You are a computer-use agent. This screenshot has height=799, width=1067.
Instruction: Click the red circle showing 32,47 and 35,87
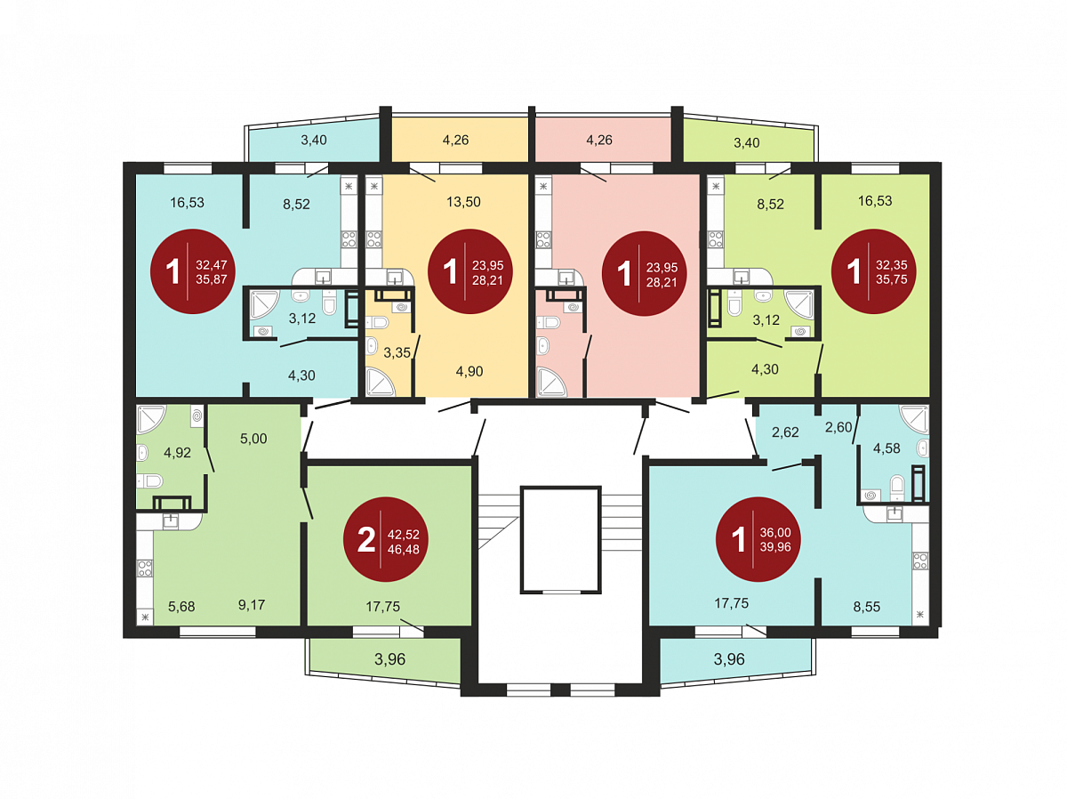[192, 270]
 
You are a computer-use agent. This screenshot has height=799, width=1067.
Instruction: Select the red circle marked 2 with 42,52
[386, 539]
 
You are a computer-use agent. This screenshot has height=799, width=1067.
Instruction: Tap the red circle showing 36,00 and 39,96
[758, 539]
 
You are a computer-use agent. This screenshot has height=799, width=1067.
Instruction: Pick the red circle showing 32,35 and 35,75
[873, 270]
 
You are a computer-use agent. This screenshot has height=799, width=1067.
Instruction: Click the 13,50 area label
[463, 201]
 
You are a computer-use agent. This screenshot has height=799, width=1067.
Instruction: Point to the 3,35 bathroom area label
[397, 352]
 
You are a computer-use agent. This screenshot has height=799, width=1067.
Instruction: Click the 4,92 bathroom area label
[177, 453]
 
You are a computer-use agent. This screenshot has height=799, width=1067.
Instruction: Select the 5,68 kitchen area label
[181, 607]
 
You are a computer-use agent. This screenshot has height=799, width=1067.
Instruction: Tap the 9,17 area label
[252, 604]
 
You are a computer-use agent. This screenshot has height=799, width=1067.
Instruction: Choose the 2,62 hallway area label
[785, 432]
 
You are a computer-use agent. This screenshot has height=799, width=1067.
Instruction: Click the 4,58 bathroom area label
[886, 448]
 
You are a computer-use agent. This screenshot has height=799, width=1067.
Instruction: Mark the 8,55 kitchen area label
[867, 607]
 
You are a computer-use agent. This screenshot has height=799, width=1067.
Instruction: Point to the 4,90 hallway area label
[469, 372]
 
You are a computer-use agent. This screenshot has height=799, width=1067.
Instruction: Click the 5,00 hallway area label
[253, 438]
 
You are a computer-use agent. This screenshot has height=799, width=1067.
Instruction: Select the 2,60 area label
[838, 427]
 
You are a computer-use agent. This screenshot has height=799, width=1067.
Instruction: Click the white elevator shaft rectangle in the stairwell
[560, 539]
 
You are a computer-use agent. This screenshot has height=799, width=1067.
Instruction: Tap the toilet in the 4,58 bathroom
[897, 487]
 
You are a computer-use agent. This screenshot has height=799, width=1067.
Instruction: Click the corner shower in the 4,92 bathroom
[151, 419]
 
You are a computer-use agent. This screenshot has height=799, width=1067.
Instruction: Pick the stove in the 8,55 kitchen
[919, 561]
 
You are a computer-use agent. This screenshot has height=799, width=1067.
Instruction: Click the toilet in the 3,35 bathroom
[377, 322]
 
